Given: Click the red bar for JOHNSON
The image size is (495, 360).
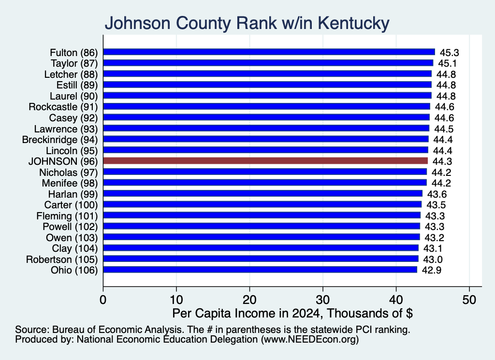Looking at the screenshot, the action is pyautogui.click(x=265, y=161).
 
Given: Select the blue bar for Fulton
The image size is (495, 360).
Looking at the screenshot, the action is pyautogui.click(x=269, y=52).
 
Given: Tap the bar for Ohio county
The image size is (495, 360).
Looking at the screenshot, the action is pyautogui.click(x=260, y=270).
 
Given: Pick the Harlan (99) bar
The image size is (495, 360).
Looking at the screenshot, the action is pyautogui.click(x=262, y=194).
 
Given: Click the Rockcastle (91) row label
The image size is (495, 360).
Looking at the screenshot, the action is pyautogui.click(x=63, y=107).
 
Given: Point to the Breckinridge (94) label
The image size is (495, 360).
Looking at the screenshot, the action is pyautogui.click(x=60, y=140).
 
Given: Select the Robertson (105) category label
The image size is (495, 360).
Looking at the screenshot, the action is pyautogui.click(x=62, y=259).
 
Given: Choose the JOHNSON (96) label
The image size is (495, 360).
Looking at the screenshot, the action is pyautogui.click(x=63, y=161).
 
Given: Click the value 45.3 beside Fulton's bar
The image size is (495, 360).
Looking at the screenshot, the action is pyautogui.click(x=449, y=52).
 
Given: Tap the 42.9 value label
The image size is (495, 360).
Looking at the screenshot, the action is pyautogui.click(x=432, y=270).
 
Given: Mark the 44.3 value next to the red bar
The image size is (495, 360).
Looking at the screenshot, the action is pyautogui.click(x=442, y=161).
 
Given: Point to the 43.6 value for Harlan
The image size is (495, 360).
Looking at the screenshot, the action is pyautogui.click(x=437, y=194).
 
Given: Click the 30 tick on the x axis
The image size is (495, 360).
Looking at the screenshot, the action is pyautogui.click(x=322, y=300).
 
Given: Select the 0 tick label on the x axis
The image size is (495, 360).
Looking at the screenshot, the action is pyautogui.click(x=103, y=300).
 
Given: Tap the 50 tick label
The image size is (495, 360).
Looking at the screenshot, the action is pyautogui.click(x=469, y=300).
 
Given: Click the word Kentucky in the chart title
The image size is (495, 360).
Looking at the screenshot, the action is pyautogui.click(x=353, y=23).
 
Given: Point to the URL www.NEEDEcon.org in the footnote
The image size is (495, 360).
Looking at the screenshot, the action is pyautogui.click(x=310, y=339).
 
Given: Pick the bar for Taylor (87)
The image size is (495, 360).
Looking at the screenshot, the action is pyautogui.click(x=268, y=63).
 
